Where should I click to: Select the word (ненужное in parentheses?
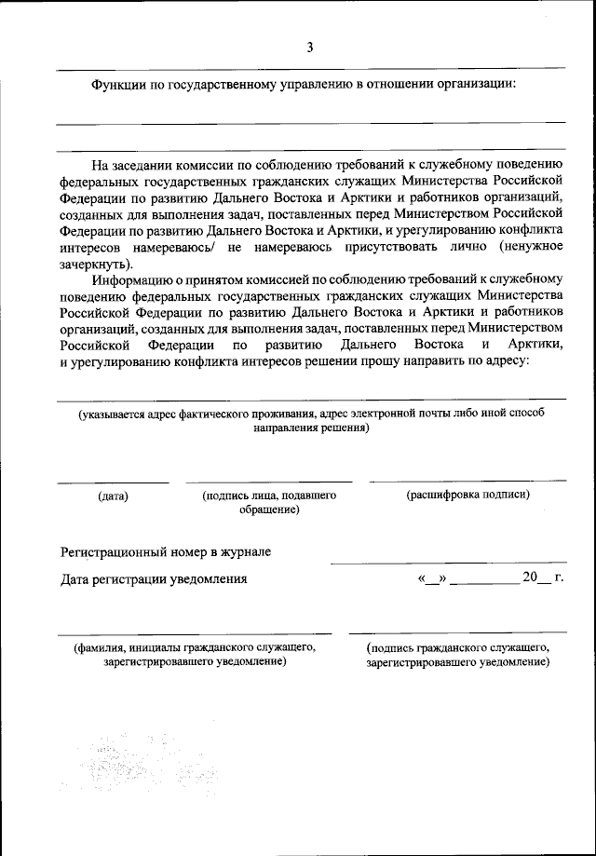531,246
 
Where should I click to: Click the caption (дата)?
113,496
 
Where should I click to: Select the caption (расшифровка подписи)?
467,495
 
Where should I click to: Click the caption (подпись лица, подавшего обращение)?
269,503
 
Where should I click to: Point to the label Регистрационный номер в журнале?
166,552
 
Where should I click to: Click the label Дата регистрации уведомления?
154,579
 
